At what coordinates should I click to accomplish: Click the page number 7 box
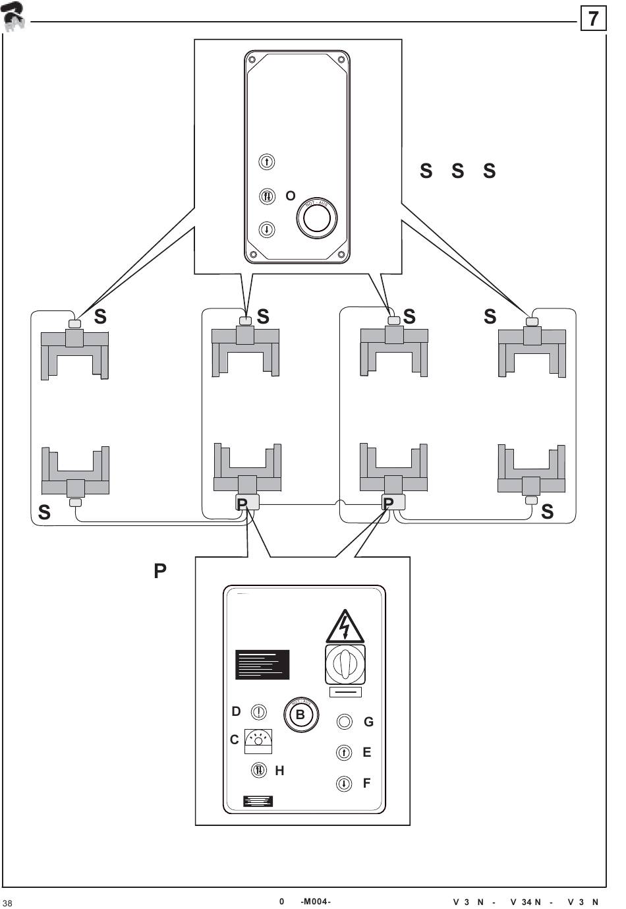[x=593, y=18]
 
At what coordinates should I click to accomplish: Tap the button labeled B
[x=300, y=715]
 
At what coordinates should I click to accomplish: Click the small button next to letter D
[x=259, y=712]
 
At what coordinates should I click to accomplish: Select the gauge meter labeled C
[x=258, y=741]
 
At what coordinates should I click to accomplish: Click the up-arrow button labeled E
[x=344, y=752]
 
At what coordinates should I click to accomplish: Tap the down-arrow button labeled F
[x=344, y=784]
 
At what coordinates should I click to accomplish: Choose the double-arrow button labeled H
[x=259, y=770]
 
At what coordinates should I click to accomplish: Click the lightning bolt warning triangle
[x=345, y=627]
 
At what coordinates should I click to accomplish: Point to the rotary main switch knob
[x=345, y=664]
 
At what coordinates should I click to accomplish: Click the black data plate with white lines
[x=262, y=664]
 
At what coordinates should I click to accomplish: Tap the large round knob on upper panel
[x=317, y=218]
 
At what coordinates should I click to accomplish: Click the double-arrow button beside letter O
[x=267, y=196]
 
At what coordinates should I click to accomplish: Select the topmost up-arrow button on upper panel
[x=266, y=161]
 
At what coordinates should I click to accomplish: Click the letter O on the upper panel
[x=290, y=196]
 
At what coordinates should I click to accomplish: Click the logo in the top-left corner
[x=13, y=17]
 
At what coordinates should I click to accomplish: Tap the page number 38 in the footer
[x=7, y=902]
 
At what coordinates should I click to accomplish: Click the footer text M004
[x=315, y=902]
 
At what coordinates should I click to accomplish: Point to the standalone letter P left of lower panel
[x=160, y=571]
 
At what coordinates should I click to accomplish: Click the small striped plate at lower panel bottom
[x=258, y=801]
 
